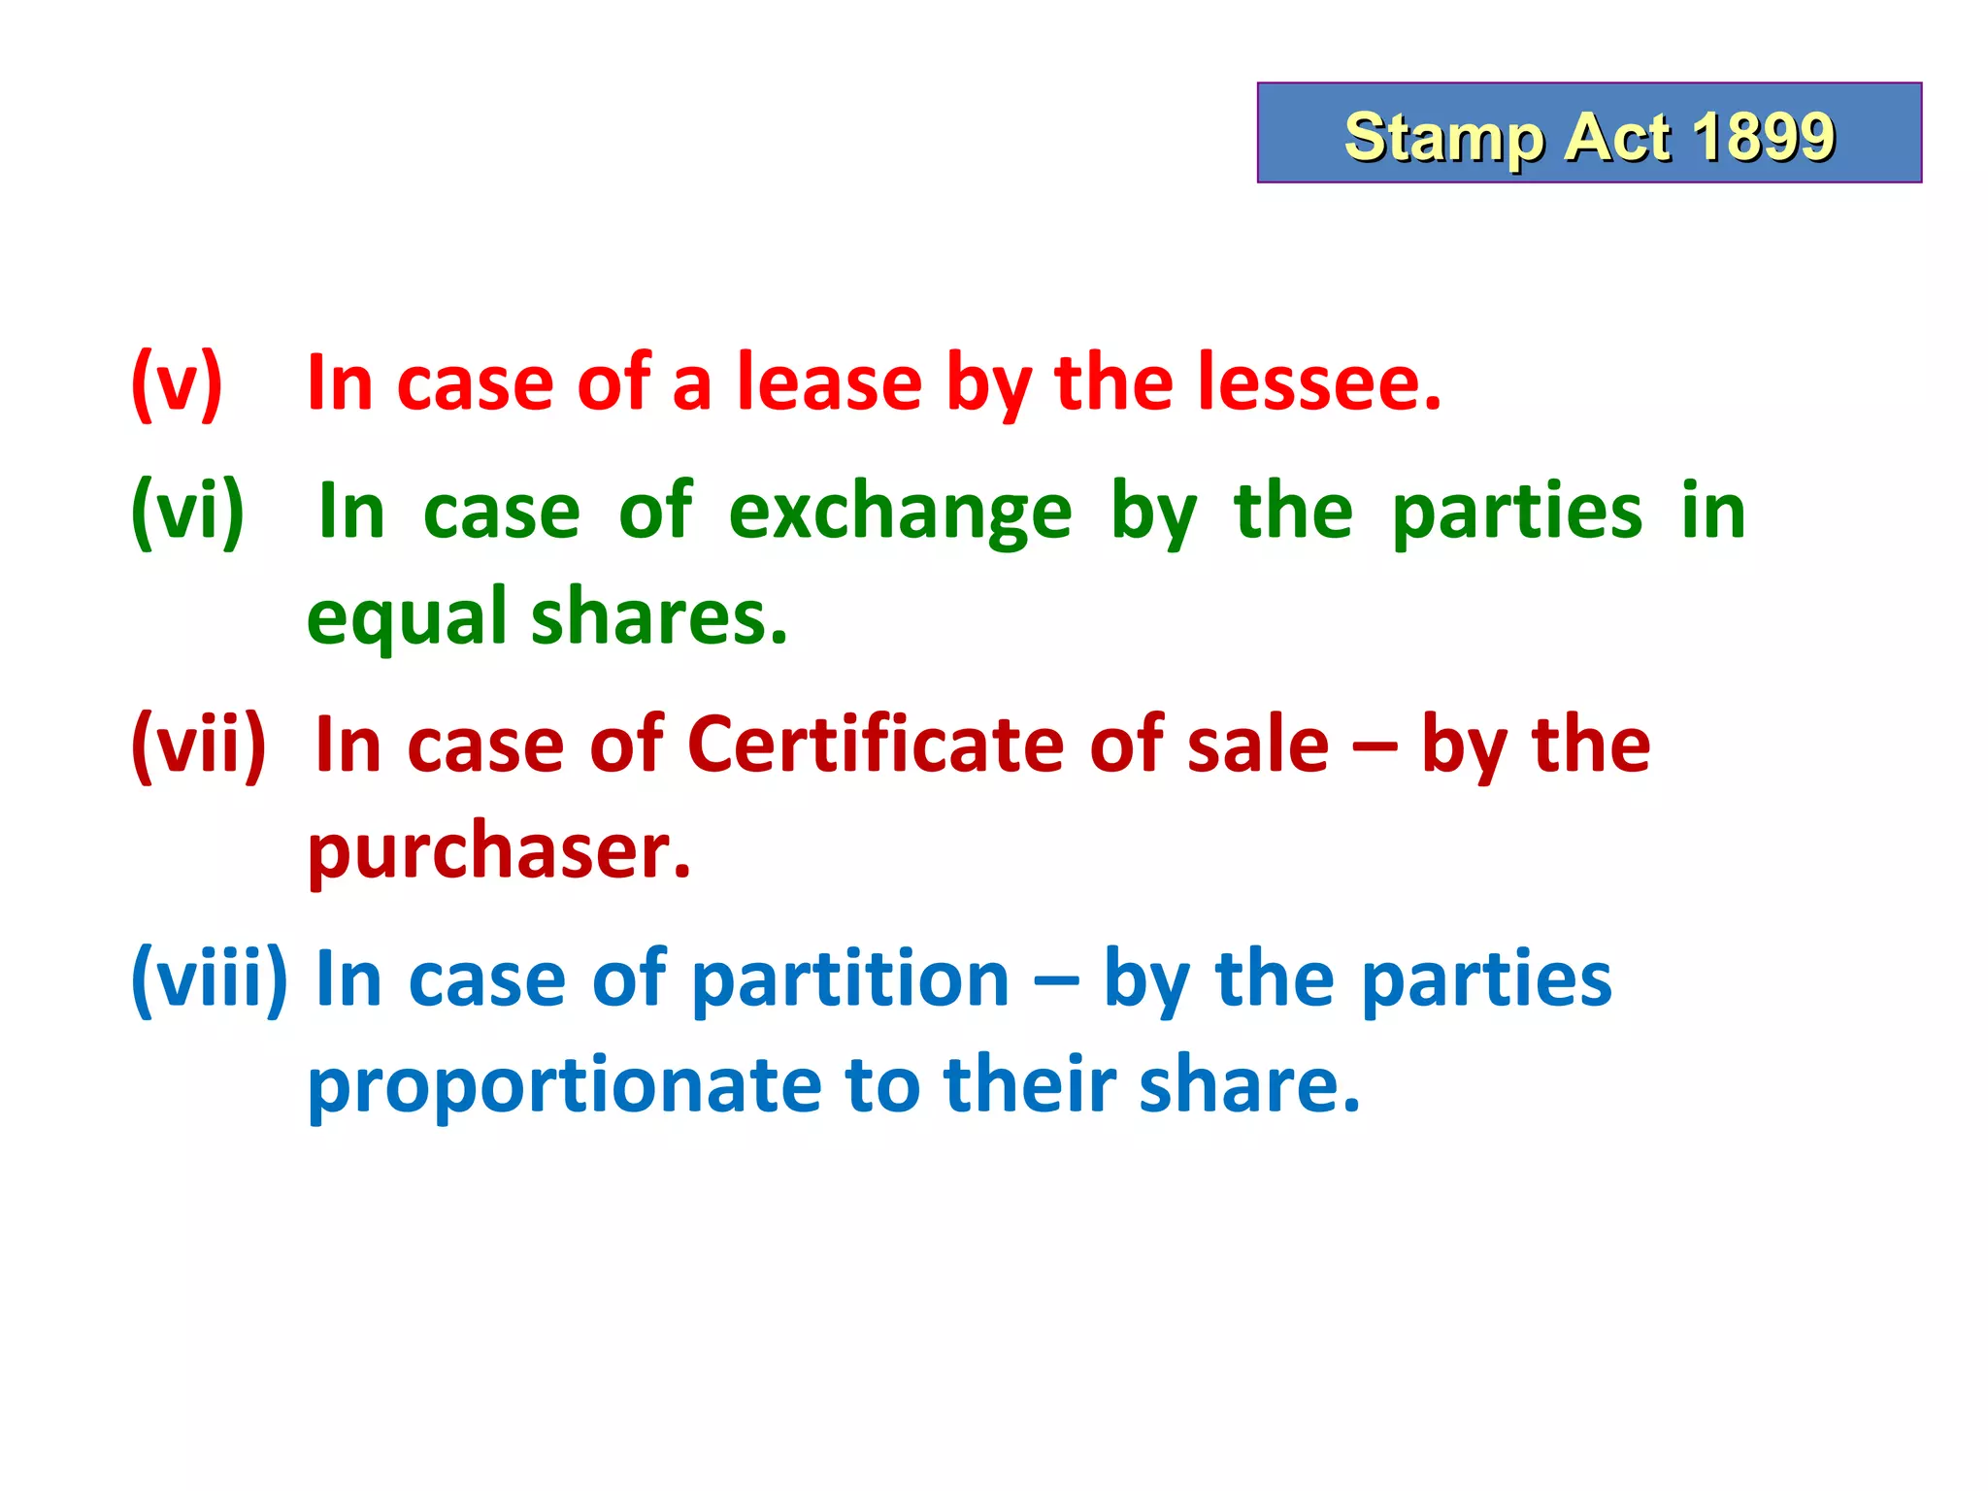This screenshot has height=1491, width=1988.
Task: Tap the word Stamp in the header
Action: [x=1442, y=138]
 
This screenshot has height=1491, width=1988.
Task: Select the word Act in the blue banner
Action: [x=1617, y=136]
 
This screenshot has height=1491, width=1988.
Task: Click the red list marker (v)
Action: [x=177, y=383]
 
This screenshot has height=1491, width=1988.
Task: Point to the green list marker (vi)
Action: [x=187, y=512]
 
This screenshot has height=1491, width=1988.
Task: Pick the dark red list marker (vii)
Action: [x=198, y=745]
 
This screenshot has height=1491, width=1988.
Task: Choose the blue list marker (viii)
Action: [x=209, y=979]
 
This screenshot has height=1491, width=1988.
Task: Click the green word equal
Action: [x=407, y=618]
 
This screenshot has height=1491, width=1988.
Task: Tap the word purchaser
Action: [x=499, y=852]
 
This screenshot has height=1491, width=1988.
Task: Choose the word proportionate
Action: [x=565, y=1085]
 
